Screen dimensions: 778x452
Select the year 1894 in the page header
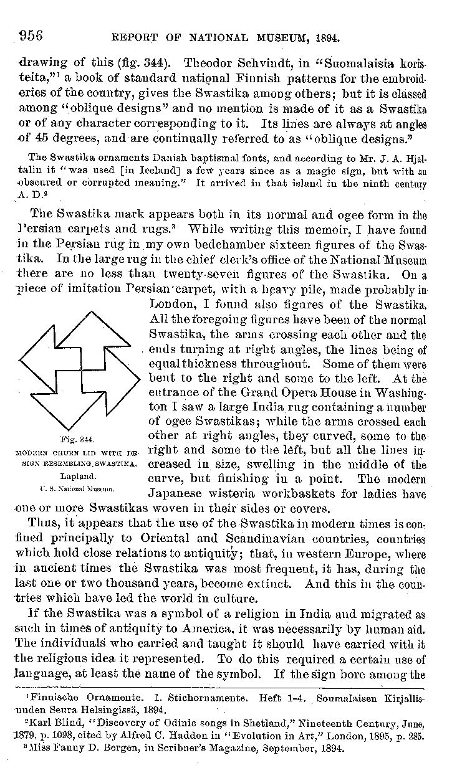pos(327,37)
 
